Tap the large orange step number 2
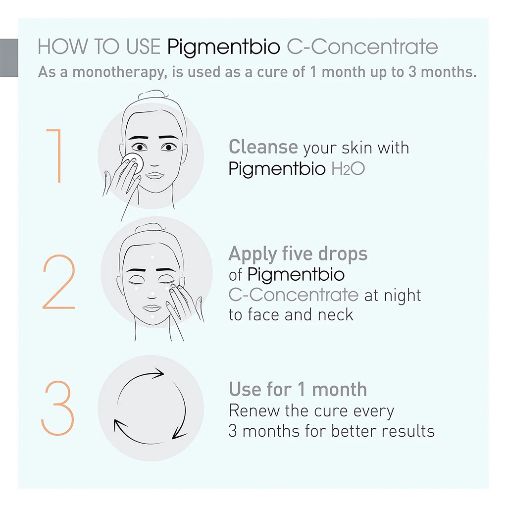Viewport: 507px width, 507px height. pos(59,284)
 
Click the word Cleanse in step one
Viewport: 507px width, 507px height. pos(263,147)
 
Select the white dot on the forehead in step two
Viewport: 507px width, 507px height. pos(152,256)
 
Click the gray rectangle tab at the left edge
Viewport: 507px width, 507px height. pos(9,58)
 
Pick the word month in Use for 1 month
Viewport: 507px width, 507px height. pos(340,390)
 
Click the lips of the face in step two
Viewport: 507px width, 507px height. pos(152,308)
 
